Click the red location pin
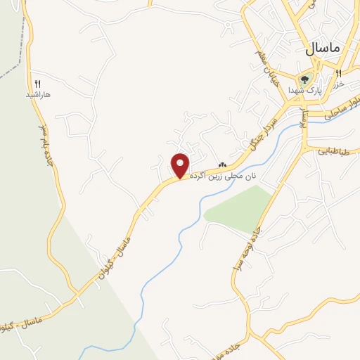tap(181, 165)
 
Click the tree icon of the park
tap(305, 79)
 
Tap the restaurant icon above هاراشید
tap(38, 84)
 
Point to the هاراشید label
tap(39, 94)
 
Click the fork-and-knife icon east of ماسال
tap(338, 74)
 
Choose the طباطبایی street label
tap(333, 150)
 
